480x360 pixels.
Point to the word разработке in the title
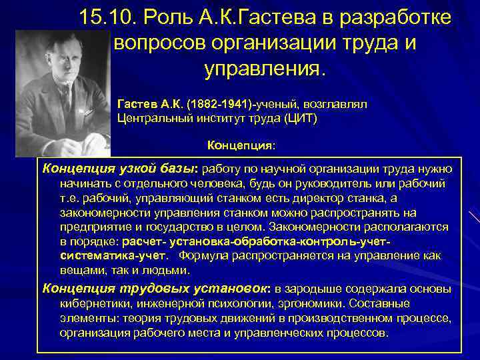point(395,19)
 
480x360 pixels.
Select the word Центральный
point(151,118)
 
